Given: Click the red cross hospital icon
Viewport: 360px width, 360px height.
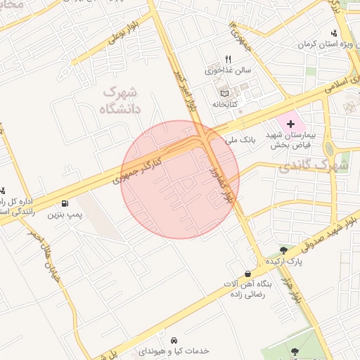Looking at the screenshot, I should (290, 123).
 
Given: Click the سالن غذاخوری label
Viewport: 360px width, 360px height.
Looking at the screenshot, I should (228, 70).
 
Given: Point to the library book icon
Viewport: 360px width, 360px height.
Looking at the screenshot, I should (224, 94).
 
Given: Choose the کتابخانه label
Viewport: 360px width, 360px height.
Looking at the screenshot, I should (226, 104).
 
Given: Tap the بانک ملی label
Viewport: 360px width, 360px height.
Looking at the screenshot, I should (238, 141).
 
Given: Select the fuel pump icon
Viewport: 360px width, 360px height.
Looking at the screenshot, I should (65, 203).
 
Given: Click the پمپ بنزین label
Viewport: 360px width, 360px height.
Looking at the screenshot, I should (60, 214).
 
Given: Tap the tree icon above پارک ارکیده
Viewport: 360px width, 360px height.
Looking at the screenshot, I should (283, 250).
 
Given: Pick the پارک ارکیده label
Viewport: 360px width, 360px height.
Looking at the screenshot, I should (285, 261).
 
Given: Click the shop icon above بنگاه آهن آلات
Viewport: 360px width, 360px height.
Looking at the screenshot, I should (247, 274).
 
